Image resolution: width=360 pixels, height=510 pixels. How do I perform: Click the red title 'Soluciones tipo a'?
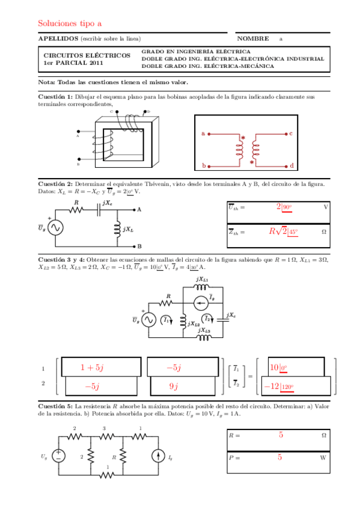tap(70, 23)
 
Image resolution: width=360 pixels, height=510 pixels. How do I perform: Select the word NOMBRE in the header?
tap(252, 38)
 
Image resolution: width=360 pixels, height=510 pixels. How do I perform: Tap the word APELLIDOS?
tap(58, 38)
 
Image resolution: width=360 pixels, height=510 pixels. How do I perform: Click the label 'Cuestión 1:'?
tap(55, 96)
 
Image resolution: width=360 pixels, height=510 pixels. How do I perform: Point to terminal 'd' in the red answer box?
tap(291, 165)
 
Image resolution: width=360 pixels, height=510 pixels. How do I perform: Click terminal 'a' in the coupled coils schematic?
tap(203, 133)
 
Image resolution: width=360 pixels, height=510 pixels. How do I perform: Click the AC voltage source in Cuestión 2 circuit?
tap(56, 227)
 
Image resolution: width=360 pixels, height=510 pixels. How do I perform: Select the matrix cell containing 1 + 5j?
tap(92, 367)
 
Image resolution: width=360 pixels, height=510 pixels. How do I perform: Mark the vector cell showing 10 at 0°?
tap(278, 367)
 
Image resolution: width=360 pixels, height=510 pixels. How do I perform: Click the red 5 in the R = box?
tap(281, 434)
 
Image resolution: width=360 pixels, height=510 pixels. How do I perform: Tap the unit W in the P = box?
tap(323, 458)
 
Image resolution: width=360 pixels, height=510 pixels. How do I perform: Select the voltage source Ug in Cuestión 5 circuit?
tap(58, 456)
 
